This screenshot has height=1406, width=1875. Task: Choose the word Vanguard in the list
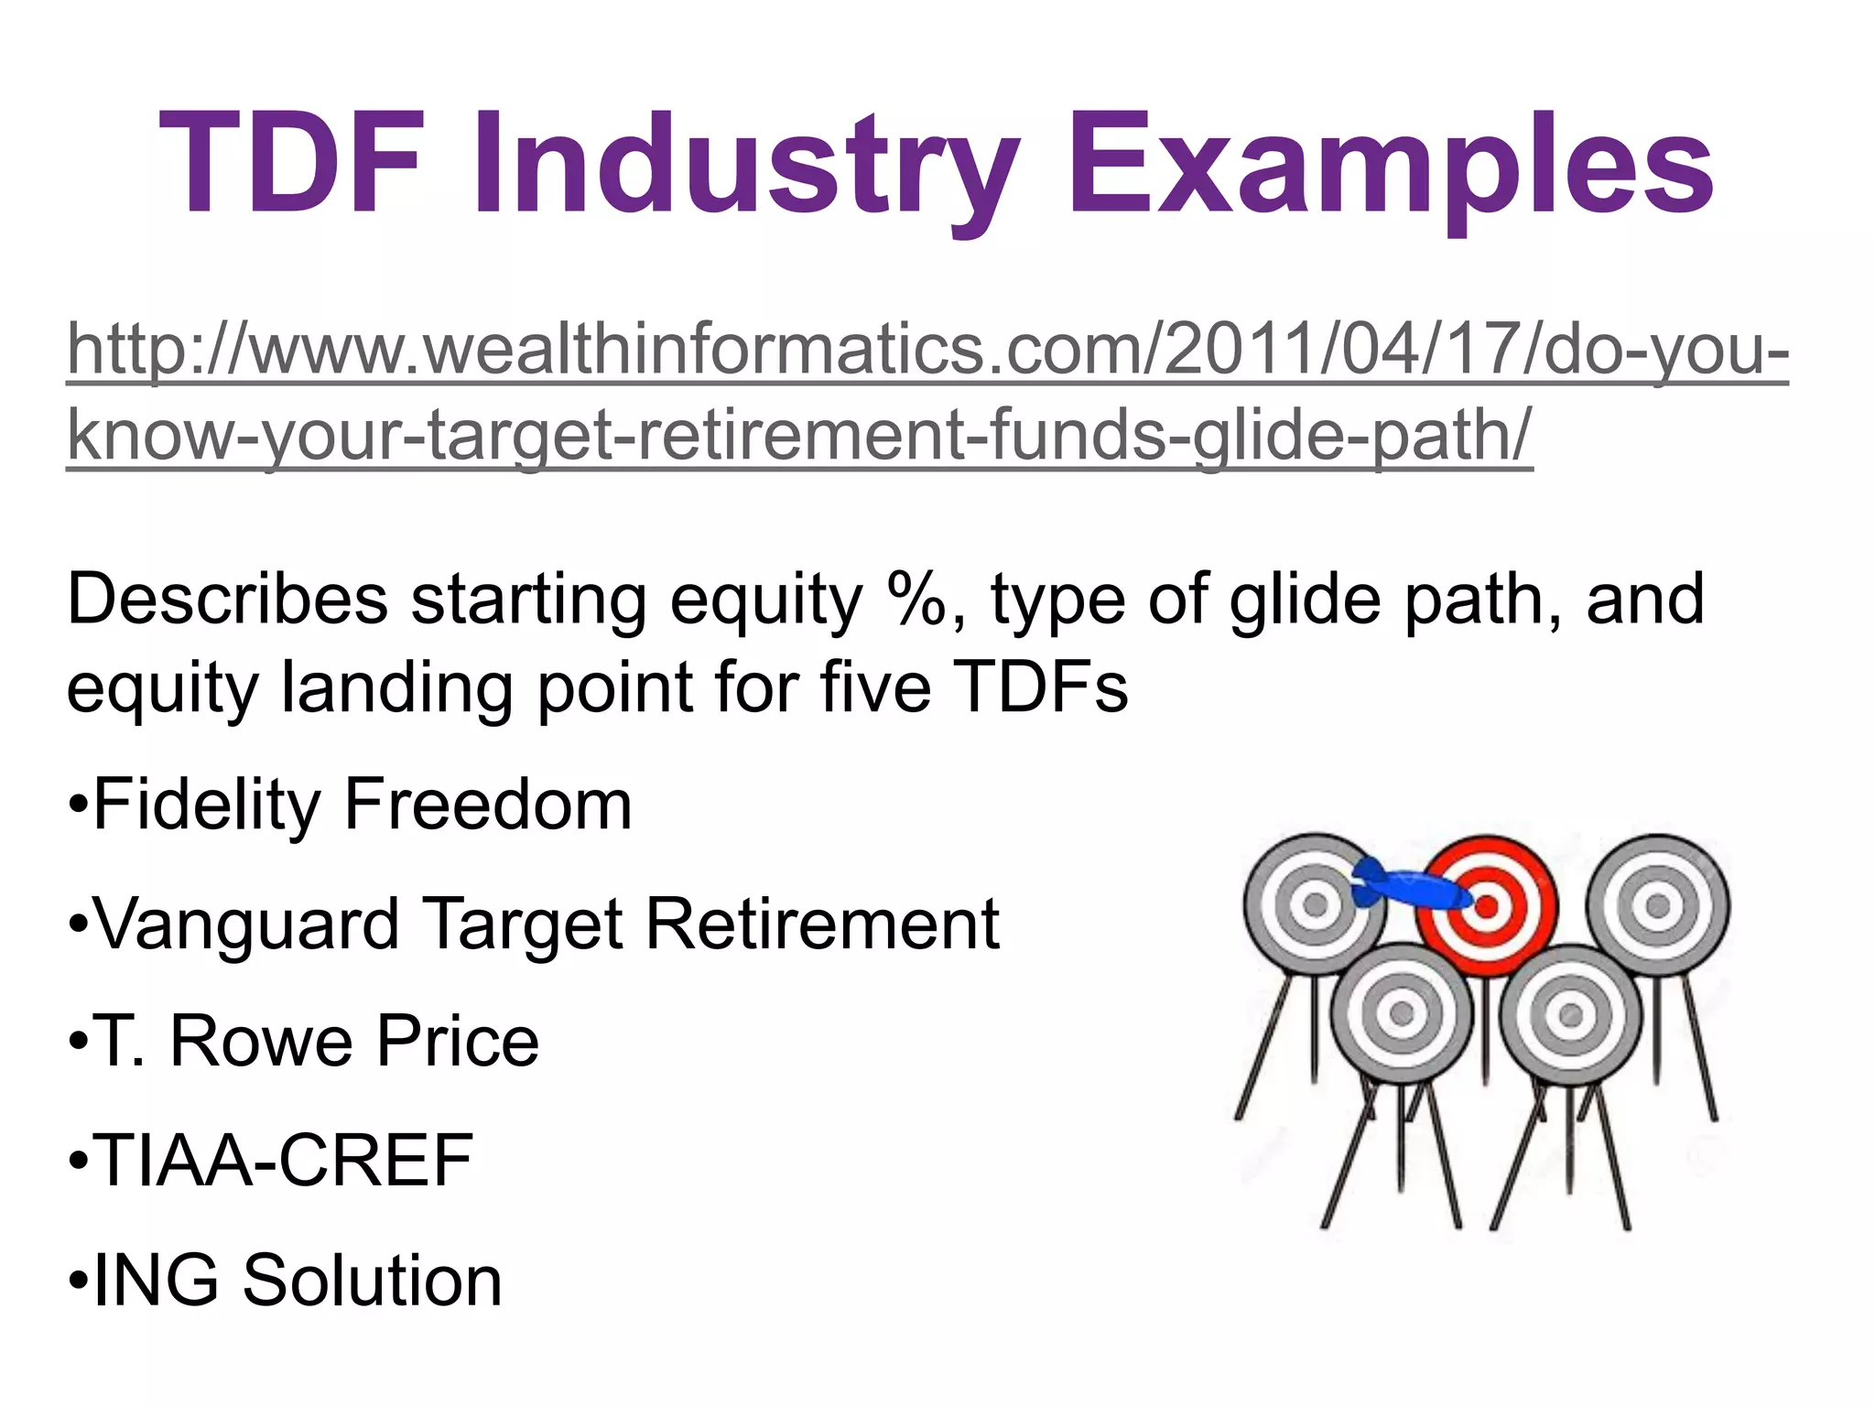[247, 924]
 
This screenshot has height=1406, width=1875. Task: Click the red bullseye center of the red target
[1486, 906]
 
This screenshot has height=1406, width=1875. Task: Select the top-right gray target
[1657, 906]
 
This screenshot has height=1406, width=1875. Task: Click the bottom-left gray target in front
[1402, 1013]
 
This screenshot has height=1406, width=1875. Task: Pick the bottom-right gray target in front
[1571, 1014]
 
